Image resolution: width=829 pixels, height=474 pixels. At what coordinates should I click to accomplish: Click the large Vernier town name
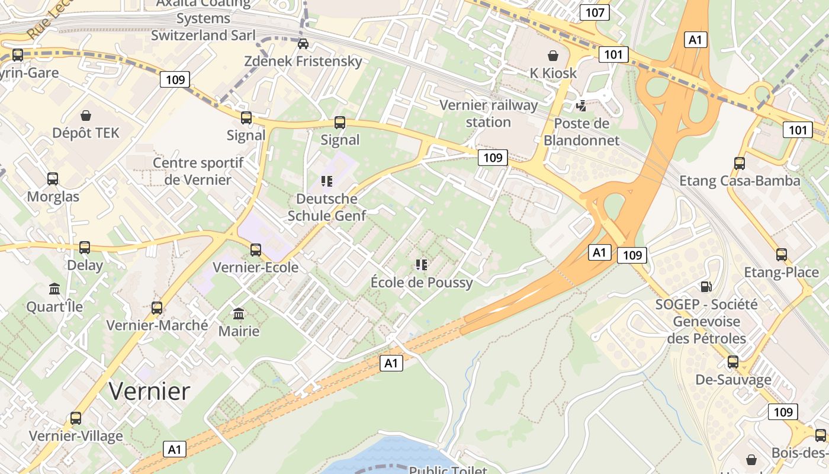pyautogui.click(x=149, y=391)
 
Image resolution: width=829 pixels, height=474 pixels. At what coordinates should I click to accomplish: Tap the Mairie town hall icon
pyautogui.click(x=239, y=313)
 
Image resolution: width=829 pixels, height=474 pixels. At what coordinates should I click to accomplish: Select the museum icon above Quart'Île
pyautogui.click(x=54, y=289)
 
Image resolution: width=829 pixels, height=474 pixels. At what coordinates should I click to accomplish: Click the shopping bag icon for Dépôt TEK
pyautogui.click(x=86, y=115)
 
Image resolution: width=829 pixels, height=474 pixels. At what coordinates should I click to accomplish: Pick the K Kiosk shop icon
pyautogui.click(x=552, y=56)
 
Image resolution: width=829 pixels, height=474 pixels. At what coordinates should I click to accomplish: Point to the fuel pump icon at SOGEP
pyautogui.click(x=706, y=287)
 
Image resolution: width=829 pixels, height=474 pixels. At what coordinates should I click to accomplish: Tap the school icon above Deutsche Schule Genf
pyautogui.click(x=326, y=181)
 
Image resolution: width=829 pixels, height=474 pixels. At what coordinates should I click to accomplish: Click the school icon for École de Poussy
pyautogui.click(x=422, y=264)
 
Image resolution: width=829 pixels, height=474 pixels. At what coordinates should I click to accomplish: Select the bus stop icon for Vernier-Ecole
pyautogui.click(x=256, y=249)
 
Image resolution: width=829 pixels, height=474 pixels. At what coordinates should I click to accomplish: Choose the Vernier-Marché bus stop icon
pyautogui.click(x=157, y=308)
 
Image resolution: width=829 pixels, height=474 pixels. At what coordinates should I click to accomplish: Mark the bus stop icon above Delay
pyautogui.click(x=85, y=247)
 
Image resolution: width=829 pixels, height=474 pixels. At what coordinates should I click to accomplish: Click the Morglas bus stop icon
pyautogui.click(x=53, y=178)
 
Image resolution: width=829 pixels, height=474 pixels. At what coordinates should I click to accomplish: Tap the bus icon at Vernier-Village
pyautogui.click(x=76, y=418)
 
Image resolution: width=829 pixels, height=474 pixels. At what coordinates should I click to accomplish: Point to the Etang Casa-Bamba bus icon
pyautogui.click(x=739, y=163)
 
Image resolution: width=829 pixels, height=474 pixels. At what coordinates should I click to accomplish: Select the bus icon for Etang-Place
pyautogui.click(x=782, y=254)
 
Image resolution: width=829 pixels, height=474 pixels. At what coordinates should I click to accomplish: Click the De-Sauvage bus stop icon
pyautogui.click(x=733, y=361)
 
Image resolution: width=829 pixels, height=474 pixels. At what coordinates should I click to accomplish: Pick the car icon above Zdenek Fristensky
pyautogui.click(x=303, y=43)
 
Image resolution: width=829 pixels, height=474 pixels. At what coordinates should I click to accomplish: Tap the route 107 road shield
pyautogui.click(x=595, y=12)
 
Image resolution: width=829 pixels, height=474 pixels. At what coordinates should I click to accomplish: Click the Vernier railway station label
pyautogui.click(x=489, y=113)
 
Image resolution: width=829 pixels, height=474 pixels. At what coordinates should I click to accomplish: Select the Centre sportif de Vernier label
pyautogui.click(x=198, y=171)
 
